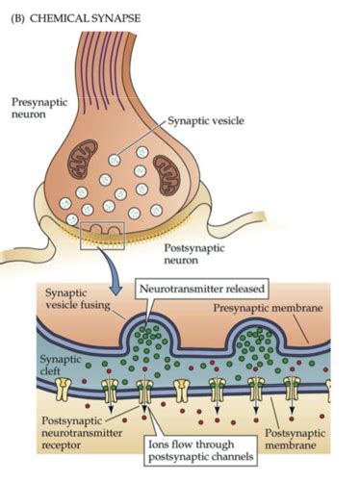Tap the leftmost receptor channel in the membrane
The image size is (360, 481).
(x=64, y=389)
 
